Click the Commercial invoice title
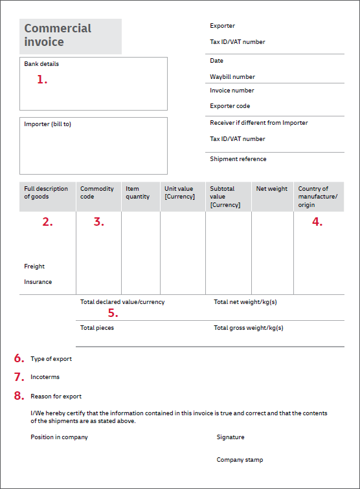pyautogui.click(x=58, y=36)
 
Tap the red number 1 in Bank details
pyautogui.click(x=42, y=80)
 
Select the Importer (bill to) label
pyautogui.click(x=47, y=124)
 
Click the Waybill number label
pyautogui.click(x=232, y=77)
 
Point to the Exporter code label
pyautogui.click(x=230, y=106)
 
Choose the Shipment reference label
pyautogui.click(x=238, y=159)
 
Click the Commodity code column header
pyautogui.click(x=96, y=193)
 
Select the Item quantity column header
pyautogui.click(x=137, y=193)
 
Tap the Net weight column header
pyautogui.click(x=271, y=189)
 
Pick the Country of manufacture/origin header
pyautogui.click(x=317, y=197)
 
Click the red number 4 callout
pyautogui.click(x=317, y=222)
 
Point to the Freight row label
pyautogui.click(x=34, y=266)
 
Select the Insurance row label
pyautogui.click(x=38, y=282)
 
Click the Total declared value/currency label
pyautogui.click(x=122, y=302)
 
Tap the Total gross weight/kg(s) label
pyautogui.click(x=248, y=328)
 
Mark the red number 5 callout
pyautogui.click(x=113, y=313)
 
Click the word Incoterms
pyautogui.click(x=45, y=377)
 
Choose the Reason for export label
pyautogui.click(x=56, y=397)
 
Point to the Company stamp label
pyautogui.click(x=240, y=460)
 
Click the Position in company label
pyautogui.click(x=59, y=437)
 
